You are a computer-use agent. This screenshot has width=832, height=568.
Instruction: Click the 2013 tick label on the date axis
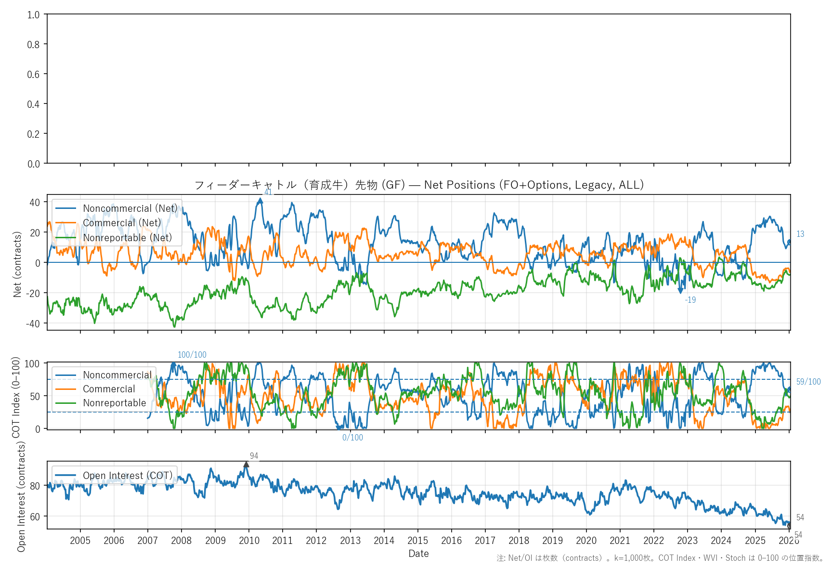350,541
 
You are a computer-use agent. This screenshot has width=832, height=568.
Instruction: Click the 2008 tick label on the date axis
181,541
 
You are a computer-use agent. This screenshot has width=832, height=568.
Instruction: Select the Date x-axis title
418,554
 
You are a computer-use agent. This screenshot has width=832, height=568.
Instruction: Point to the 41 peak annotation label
268,192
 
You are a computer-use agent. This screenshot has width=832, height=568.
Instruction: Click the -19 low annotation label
690,300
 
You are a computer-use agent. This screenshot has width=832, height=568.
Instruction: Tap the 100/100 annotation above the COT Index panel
192,355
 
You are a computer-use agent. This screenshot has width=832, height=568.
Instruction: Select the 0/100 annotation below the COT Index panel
352,438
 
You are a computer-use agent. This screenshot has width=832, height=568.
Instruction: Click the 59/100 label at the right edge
808,382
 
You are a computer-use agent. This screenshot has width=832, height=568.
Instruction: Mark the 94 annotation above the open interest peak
254,456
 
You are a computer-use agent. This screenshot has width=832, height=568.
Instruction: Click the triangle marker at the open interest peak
246,465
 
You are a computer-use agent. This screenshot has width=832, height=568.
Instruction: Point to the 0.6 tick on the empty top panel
33,74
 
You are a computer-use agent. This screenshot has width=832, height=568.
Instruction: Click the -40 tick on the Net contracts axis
33,323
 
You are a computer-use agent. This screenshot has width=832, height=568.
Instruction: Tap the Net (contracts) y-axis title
17,264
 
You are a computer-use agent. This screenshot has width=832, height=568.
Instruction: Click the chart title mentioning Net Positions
418,185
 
